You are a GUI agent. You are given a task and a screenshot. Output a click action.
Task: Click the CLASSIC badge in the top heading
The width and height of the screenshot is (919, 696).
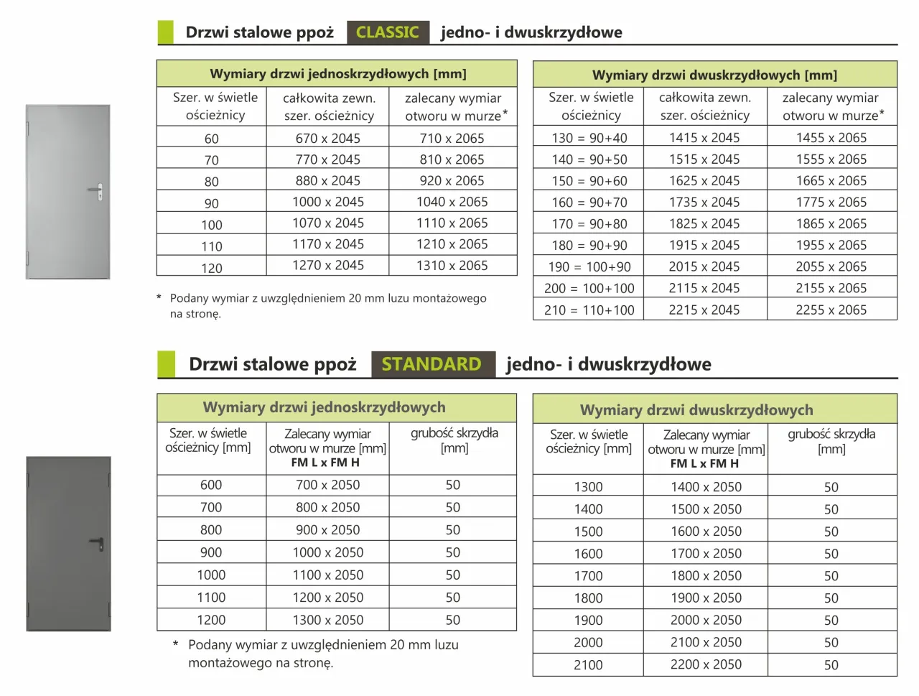click(388, 32)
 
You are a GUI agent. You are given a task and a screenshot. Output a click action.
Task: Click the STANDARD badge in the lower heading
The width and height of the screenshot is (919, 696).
click(432, 364)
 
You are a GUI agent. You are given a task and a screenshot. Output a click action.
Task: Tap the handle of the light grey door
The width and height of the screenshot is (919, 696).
click(96, 191)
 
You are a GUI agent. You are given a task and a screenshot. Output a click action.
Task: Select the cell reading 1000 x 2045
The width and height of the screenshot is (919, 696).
click(328, 202)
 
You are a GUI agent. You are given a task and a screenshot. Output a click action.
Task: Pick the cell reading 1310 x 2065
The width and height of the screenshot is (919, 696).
click(452, 266)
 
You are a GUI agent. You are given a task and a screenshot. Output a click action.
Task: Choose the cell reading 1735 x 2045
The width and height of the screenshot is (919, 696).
click(704, 203)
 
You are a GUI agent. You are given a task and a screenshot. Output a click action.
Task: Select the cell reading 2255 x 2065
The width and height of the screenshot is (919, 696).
click(831, 310)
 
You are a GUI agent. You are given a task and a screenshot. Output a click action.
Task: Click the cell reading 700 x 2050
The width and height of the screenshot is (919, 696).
click(328, 486)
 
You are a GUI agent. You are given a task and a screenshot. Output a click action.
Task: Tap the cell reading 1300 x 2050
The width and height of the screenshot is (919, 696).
click(328, 620)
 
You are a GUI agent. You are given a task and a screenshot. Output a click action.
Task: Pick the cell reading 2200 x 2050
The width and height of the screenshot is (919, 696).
click(706, 665)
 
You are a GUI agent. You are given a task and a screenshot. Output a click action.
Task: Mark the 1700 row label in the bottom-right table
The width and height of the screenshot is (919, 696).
click(589, 576)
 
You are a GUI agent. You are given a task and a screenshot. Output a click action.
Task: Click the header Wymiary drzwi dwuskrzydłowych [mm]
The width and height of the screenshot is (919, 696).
click(714, 75)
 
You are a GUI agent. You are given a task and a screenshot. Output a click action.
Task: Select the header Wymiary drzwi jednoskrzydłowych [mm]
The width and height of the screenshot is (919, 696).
click(337, 74)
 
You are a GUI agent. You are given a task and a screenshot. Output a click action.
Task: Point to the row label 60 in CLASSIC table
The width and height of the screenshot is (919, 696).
click(212, 139)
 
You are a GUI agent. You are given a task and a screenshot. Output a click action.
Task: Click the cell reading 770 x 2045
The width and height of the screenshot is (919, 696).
click(328, 159)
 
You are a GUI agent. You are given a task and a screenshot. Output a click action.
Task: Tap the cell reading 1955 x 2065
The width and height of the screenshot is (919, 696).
click(831, 246)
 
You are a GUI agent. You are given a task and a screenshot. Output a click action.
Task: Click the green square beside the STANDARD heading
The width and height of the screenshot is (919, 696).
click(166, 364)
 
